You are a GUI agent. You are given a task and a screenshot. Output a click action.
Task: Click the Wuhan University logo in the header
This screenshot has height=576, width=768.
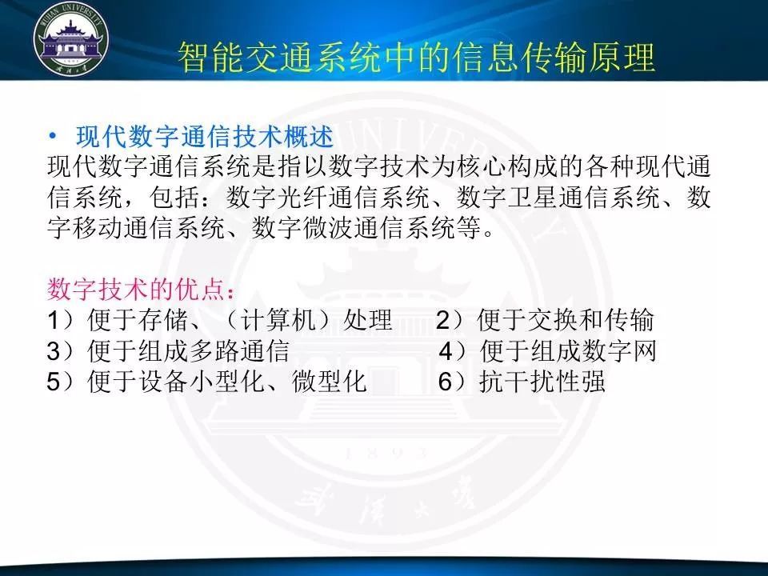(x=71, y=40)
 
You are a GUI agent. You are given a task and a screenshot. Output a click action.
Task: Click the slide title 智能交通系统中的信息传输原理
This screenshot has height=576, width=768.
(x=416, y=58)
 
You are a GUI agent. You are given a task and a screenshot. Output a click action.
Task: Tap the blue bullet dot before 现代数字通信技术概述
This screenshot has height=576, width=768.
(x=53, y=136)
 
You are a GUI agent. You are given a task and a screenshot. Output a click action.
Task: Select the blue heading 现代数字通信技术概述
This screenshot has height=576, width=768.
(x=205, y=136)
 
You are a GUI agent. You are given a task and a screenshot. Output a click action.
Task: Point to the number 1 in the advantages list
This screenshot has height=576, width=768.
(x=54, y=320)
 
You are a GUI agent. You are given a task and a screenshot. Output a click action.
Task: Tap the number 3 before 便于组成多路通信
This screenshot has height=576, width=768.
(x=54, y=351)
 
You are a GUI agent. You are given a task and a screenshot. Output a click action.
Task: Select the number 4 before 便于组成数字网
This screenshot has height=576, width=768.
(x=446, y=351)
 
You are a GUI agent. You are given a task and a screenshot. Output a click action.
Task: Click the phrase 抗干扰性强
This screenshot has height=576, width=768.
(x=542, y=382)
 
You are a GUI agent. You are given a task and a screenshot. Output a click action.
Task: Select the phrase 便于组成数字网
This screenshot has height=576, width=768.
(x=568, y=350)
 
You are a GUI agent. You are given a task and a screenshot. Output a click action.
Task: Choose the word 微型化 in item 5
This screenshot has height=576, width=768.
(x=330, y=382)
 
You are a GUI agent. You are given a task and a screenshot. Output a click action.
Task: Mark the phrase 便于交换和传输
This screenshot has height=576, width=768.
(x=566, y=320)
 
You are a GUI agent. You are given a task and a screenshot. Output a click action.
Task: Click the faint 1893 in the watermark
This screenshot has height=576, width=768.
(x=386, y=453)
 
